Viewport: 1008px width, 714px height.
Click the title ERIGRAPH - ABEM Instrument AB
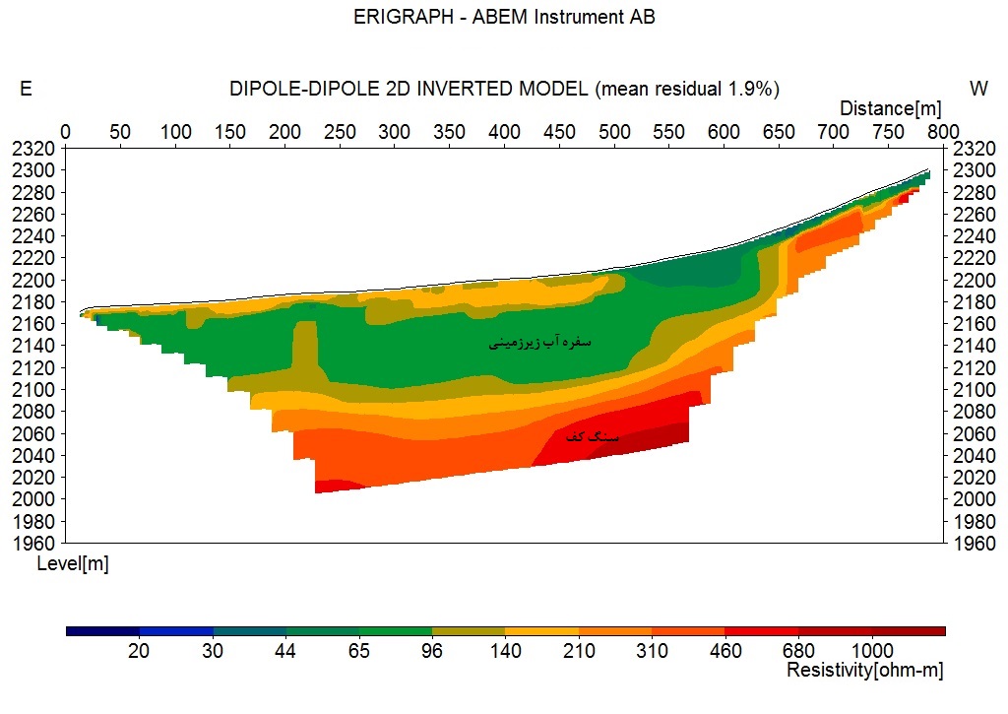pyautogui.click(x=504, y=18)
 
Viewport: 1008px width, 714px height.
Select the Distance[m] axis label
pyautogui.click(x=891, y=107)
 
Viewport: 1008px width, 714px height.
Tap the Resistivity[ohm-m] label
pyautogui.click(x=865, y=671)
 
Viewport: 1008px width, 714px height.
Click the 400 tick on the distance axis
pyautogui.click(x=504, y=130)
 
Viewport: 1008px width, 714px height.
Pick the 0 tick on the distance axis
pyautogui.click(x=66, y=130)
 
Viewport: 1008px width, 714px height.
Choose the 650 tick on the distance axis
pyautogui.click(x=779, y=130)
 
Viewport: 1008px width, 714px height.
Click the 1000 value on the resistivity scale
pyautogui.click(x=872, y=651)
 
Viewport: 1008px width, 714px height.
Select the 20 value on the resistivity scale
pyautogui.click(x=139, y=651)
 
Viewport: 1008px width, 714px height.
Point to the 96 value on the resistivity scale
pyautogui.click(x=431, y=651)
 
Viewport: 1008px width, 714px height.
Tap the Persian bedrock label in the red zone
pyautogui.click(x=593, y=435)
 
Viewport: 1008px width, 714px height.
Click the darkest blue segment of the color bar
pyautogui.click(x=102, y=631)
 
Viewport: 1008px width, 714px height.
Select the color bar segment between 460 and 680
pyautogui.click(x=761, y=631)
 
